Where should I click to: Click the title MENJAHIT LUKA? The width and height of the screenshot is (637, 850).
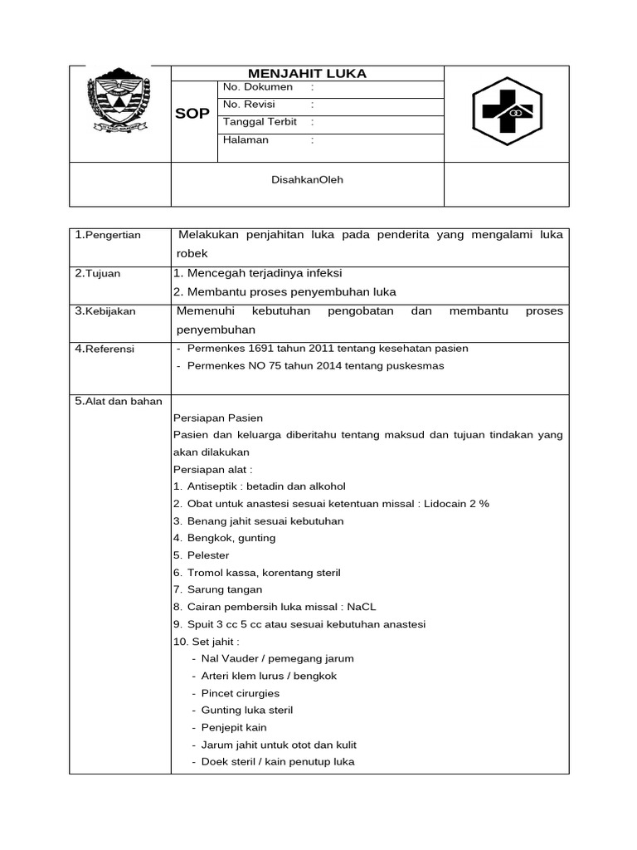click(308, 74)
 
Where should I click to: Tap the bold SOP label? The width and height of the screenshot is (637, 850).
click(192, 114)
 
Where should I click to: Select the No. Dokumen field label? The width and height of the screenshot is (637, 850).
click(258, 87)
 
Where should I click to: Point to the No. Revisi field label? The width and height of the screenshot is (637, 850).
click(249, 105)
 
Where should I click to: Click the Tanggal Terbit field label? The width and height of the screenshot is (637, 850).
click(260, 122)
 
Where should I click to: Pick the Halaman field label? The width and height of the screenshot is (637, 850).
click(246, 139)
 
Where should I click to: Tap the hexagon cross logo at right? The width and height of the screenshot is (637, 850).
click(507, 113)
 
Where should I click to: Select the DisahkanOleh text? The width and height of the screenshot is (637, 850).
click(308, 180)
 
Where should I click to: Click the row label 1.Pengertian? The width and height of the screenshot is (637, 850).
click(108, 235)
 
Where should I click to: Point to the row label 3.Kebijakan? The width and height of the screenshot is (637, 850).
click(105, 311)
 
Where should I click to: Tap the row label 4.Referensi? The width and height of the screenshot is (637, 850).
click(105, 349)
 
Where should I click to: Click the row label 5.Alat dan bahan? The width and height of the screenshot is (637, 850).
click(119, 402)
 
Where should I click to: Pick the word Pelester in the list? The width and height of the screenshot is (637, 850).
click(208, 555)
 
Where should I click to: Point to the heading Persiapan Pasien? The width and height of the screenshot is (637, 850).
click(218, 418)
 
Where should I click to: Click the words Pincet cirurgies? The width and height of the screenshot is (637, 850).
click(241, 693)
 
